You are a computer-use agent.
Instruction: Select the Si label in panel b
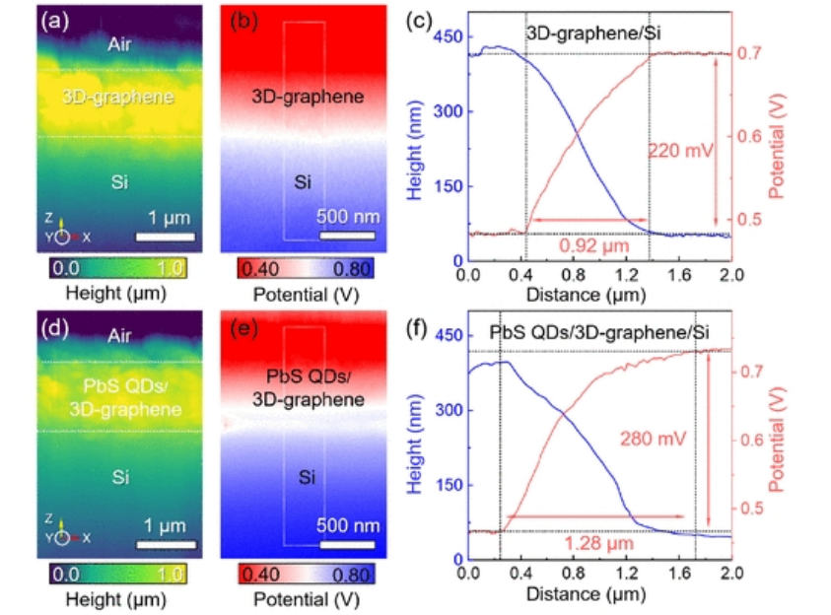pyautogui.click(x=306, y=182)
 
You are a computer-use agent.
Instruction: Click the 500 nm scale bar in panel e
pyautogui.click(x=349, y=542)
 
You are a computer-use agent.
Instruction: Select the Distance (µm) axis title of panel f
pyautogui.click(x=586, y=594)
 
